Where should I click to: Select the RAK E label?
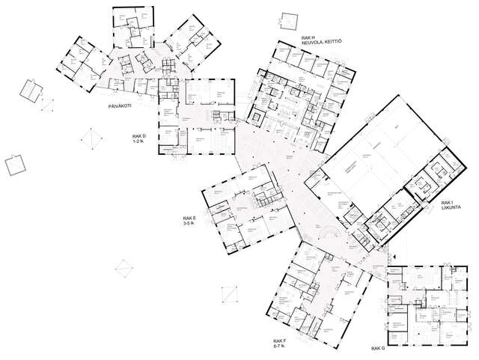point(190,217)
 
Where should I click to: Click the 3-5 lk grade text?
point(191,223)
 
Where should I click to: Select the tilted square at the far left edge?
point(13,164)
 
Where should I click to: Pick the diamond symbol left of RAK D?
point(92,140)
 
